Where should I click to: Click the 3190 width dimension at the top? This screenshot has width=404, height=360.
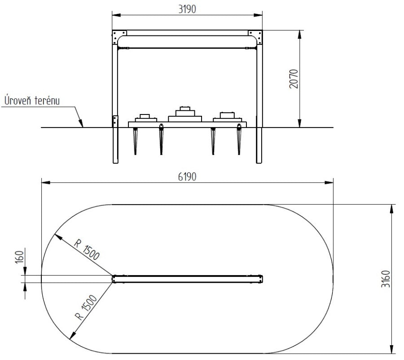[x=187, y=9]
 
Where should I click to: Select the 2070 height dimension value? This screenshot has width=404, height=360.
[x=294, y=79]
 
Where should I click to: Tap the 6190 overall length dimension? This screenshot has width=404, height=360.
[x=187, y=177]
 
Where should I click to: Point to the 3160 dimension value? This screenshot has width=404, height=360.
[x=386, y=279]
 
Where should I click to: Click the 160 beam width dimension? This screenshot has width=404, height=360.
[x=20, y=257]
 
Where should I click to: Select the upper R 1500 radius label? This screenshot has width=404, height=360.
[x=87, y=250]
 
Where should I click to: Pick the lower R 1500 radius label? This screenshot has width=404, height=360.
[x=86, y=307]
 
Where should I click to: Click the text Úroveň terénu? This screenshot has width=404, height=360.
[x=32, y=100]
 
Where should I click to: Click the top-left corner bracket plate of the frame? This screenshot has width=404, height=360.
[x=119, y=37]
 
